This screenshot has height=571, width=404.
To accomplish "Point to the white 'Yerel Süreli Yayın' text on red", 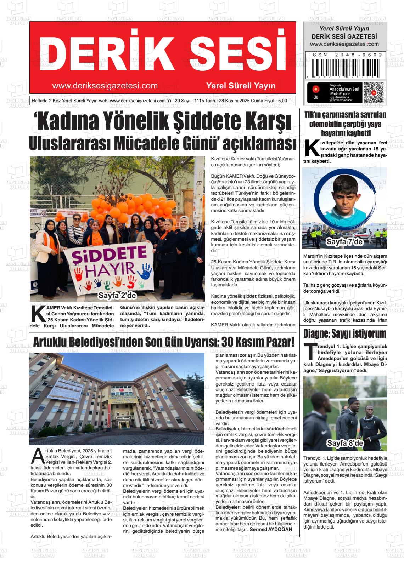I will pos(241,86).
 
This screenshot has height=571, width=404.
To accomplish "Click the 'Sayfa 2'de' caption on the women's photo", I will pos(117,295).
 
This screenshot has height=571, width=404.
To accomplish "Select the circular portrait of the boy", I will pos(344,198).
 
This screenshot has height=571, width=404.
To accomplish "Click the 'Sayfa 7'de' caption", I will pos(344,242).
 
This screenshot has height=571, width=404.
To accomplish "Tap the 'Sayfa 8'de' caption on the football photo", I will pos(345,443).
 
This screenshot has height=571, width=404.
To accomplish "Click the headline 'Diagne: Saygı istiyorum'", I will pos(344,333).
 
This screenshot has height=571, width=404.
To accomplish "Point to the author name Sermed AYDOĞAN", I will pos(271,529).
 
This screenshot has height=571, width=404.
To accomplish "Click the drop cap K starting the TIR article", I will pos(312,149).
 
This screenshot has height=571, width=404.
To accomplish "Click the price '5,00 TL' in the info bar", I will pos(286,101).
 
